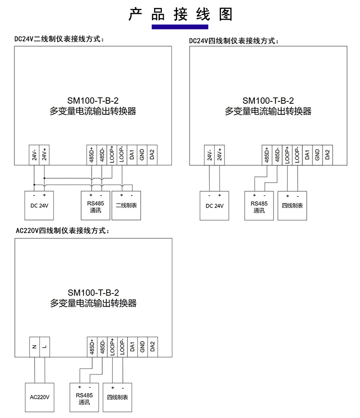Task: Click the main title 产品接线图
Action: pyautogui.click(x=180, y=14)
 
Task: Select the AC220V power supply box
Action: pyautogui.click(x=40, y=397)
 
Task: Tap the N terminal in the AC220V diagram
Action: pyautogui.click(x=35, y=347)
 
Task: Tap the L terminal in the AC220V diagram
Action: pyautogui.click(x=45, y=347)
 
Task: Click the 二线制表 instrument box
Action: pyautogui.click(x=127, y=205)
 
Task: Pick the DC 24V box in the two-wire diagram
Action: pyautogui.click(x=39, y=205)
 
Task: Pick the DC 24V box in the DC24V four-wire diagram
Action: pyautogui.click(x=215, y=206)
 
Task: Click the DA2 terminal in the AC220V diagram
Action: pyautogui.click(x=152, y=347)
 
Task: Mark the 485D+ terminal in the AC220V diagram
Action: pyautogui.click(x=92, y=347)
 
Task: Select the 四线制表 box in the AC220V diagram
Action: pyautogui.click(x=117, y=397)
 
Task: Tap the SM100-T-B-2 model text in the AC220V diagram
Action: pyautogui.click(x=93, y=293)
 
